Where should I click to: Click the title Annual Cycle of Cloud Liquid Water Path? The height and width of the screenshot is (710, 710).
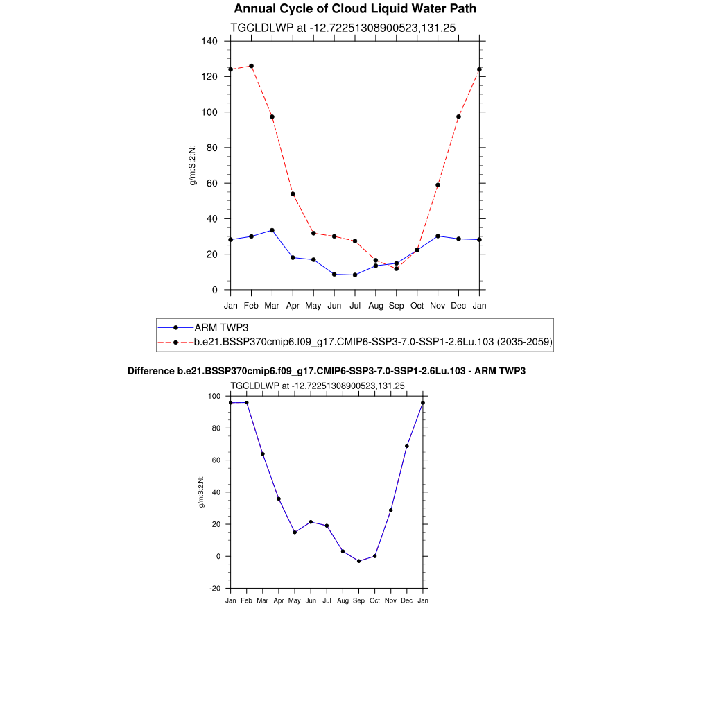[x=355, y=9]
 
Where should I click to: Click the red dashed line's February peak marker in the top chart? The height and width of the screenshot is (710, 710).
[x=251, y=66]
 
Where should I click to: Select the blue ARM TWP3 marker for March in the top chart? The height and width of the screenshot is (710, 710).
[x=272, y=230]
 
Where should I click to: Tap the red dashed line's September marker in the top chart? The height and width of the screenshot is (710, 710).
[x=396, y=268]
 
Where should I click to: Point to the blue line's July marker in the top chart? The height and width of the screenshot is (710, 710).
[x=355, y=275]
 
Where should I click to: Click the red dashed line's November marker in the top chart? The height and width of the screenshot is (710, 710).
[x=438, y=185]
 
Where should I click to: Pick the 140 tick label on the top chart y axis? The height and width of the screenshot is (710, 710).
[x=209, y=41]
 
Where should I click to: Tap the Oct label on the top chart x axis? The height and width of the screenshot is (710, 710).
[x=417, y=305]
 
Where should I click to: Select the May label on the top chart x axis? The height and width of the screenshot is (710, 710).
[x=313, y=305]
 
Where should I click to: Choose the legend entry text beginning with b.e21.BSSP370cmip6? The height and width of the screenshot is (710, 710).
[x=372, y=342]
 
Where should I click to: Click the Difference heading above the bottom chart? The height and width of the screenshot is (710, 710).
[x=327, y=371]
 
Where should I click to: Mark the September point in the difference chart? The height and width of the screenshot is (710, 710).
[x=358, y=561]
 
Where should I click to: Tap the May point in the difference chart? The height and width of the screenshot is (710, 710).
[x=295, y=532]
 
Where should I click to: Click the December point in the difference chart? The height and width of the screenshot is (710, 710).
[x=407, y=446]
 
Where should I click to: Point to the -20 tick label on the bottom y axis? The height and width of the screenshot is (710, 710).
[x=215, y=588]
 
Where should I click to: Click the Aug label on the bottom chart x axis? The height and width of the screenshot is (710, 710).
[x=343, y=600]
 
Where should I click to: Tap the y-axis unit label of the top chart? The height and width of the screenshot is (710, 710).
[x=193, y=166]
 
